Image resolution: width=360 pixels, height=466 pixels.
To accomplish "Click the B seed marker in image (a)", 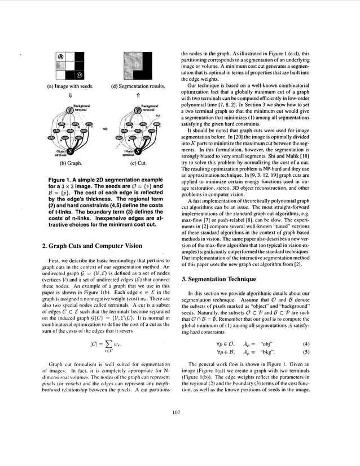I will (60, 57).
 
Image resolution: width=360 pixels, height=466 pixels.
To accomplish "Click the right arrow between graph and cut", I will (104, 129).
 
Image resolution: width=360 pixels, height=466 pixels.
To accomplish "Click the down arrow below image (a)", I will (69, 96).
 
